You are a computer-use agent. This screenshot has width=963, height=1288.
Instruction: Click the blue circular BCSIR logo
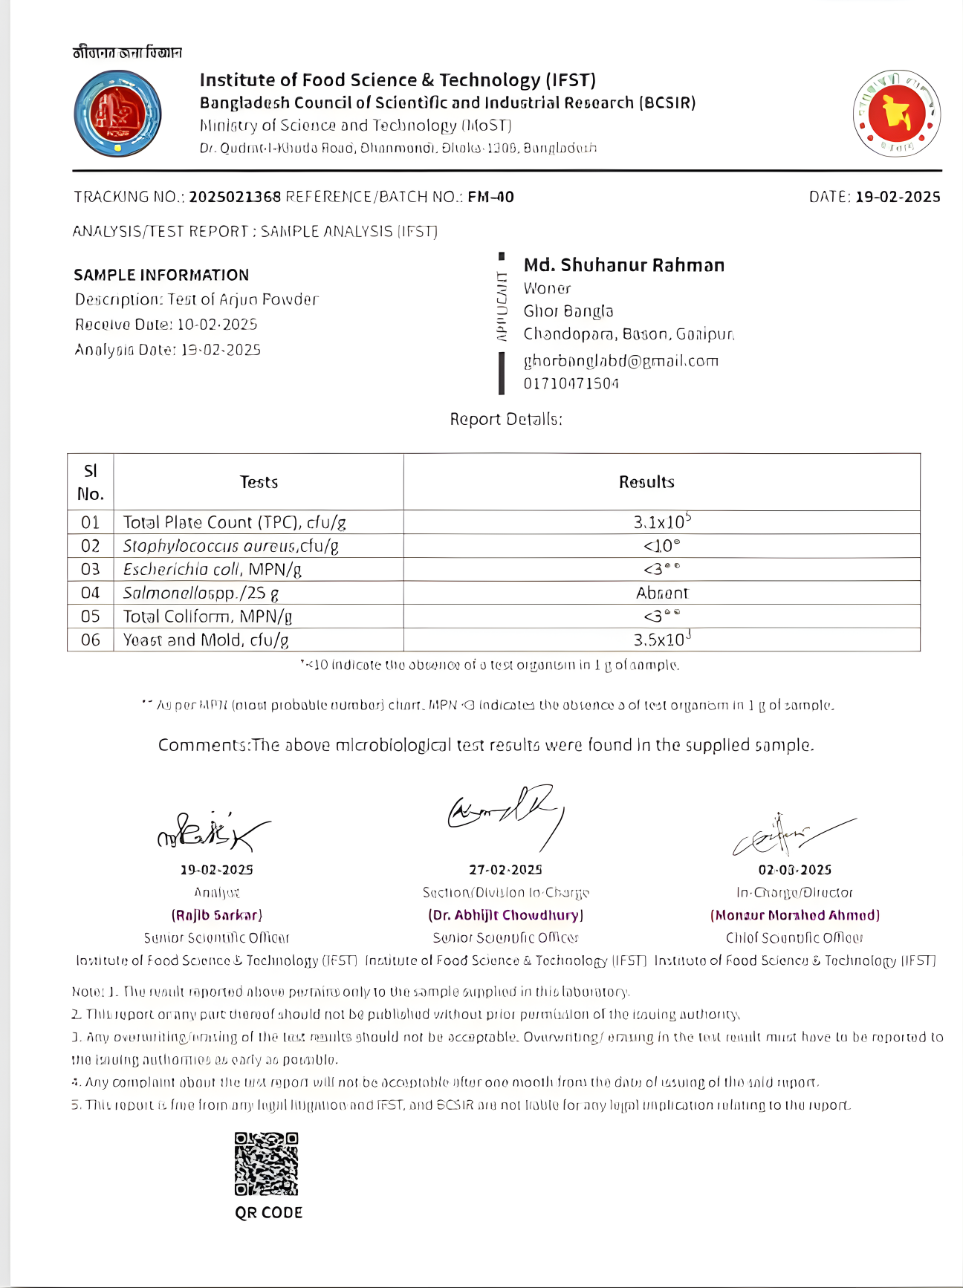pyautogui.click(x=117, y=114)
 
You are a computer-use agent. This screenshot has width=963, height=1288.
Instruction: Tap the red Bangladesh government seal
pyautogui.click(x=897, y=114)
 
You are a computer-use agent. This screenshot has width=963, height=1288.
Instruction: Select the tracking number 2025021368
pyautogui.click(x=235, y=197)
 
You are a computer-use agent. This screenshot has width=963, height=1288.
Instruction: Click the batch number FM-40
pyautogui.click(x=490, y=197)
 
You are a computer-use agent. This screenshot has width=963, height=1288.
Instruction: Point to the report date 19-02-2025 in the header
pyautogui.click(x=898, y=197)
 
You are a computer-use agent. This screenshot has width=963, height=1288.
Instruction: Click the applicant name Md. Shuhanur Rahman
pyautogui.click(x=623, y=265)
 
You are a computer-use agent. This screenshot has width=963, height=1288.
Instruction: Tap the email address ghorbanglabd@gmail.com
pyautogui.click(x=620, y=361)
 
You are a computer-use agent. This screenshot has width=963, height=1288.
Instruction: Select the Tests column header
pyautogui.click(x=259, y=482)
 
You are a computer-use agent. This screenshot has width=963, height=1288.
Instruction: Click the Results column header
pyautogui.click(x=646, y=482)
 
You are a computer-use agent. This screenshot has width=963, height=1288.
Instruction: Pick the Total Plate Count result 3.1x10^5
pyautogui.click(x=661, y=521)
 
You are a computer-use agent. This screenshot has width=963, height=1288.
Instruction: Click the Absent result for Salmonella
pyautogui.click(x=661, y=593)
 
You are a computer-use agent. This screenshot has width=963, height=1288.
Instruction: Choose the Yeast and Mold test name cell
pyautogui.click(x=206, y=640)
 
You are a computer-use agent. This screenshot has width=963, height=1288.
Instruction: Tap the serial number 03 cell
pyautogui.click(x=90, y=569)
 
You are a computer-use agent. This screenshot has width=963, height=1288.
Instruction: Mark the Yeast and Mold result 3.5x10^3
pyautogui.click(x=661, y=640)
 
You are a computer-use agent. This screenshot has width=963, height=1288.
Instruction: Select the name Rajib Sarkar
pyautogui.click(x=217, y=915)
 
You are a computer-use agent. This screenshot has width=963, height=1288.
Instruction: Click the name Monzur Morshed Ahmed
pyautogui.click(x=795, y=915)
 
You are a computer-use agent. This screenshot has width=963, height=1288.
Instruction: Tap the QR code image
pyautogui.click(x=266, y=1163)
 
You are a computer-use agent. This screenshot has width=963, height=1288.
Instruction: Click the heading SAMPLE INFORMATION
pyautogui.click(x=161, y=275)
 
